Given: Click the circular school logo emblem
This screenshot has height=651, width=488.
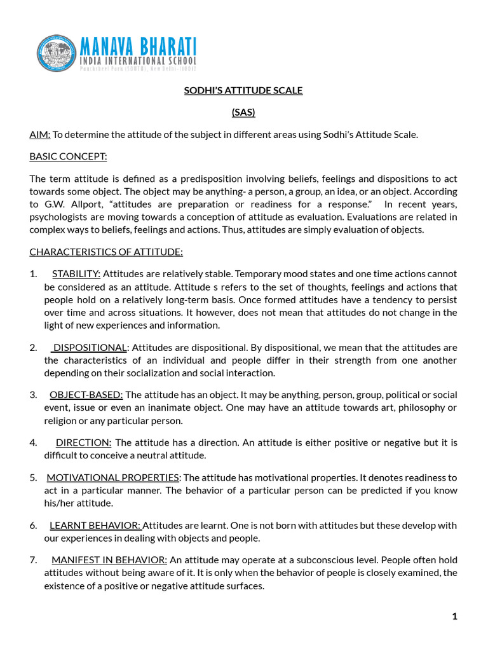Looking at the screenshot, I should pos(57,53).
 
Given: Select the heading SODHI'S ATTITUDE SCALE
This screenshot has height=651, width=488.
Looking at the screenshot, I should pos(243,90).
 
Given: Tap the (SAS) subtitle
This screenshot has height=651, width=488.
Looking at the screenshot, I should pos(243,113).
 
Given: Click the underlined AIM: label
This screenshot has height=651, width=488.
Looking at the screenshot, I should pos(40,134).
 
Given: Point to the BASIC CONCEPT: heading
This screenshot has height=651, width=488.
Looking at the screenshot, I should pos(68,156).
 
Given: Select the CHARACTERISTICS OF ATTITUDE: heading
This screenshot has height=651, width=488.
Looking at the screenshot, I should pos(106,252).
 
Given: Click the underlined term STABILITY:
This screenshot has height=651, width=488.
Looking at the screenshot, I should pos(76,274).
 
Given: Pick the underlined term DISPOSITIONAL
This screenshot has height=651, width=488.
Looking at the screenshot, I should pos(90,347).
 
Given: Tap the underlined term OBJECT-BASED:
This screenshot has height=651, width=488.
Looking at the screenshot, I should pos(86,395).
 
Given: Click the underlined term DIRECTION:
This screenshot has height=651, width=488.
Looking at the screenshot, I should pos(83,442).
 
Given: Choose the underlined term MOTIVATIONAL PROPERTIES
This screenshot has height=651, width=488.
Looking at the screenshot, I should pos(113,477).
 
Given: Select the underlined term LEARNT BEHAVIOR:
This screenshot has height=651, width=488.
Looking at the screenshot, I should pos(95,525).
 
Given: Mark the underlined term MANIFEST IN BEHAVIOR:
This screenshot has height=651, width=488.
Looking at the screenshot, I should pos(109,560).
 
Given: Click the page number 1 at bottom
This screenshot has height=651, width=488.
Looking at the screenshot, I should pos(454,616).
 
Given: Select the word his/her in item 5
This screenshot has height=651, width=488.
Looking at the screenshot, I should pos(62,503).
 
